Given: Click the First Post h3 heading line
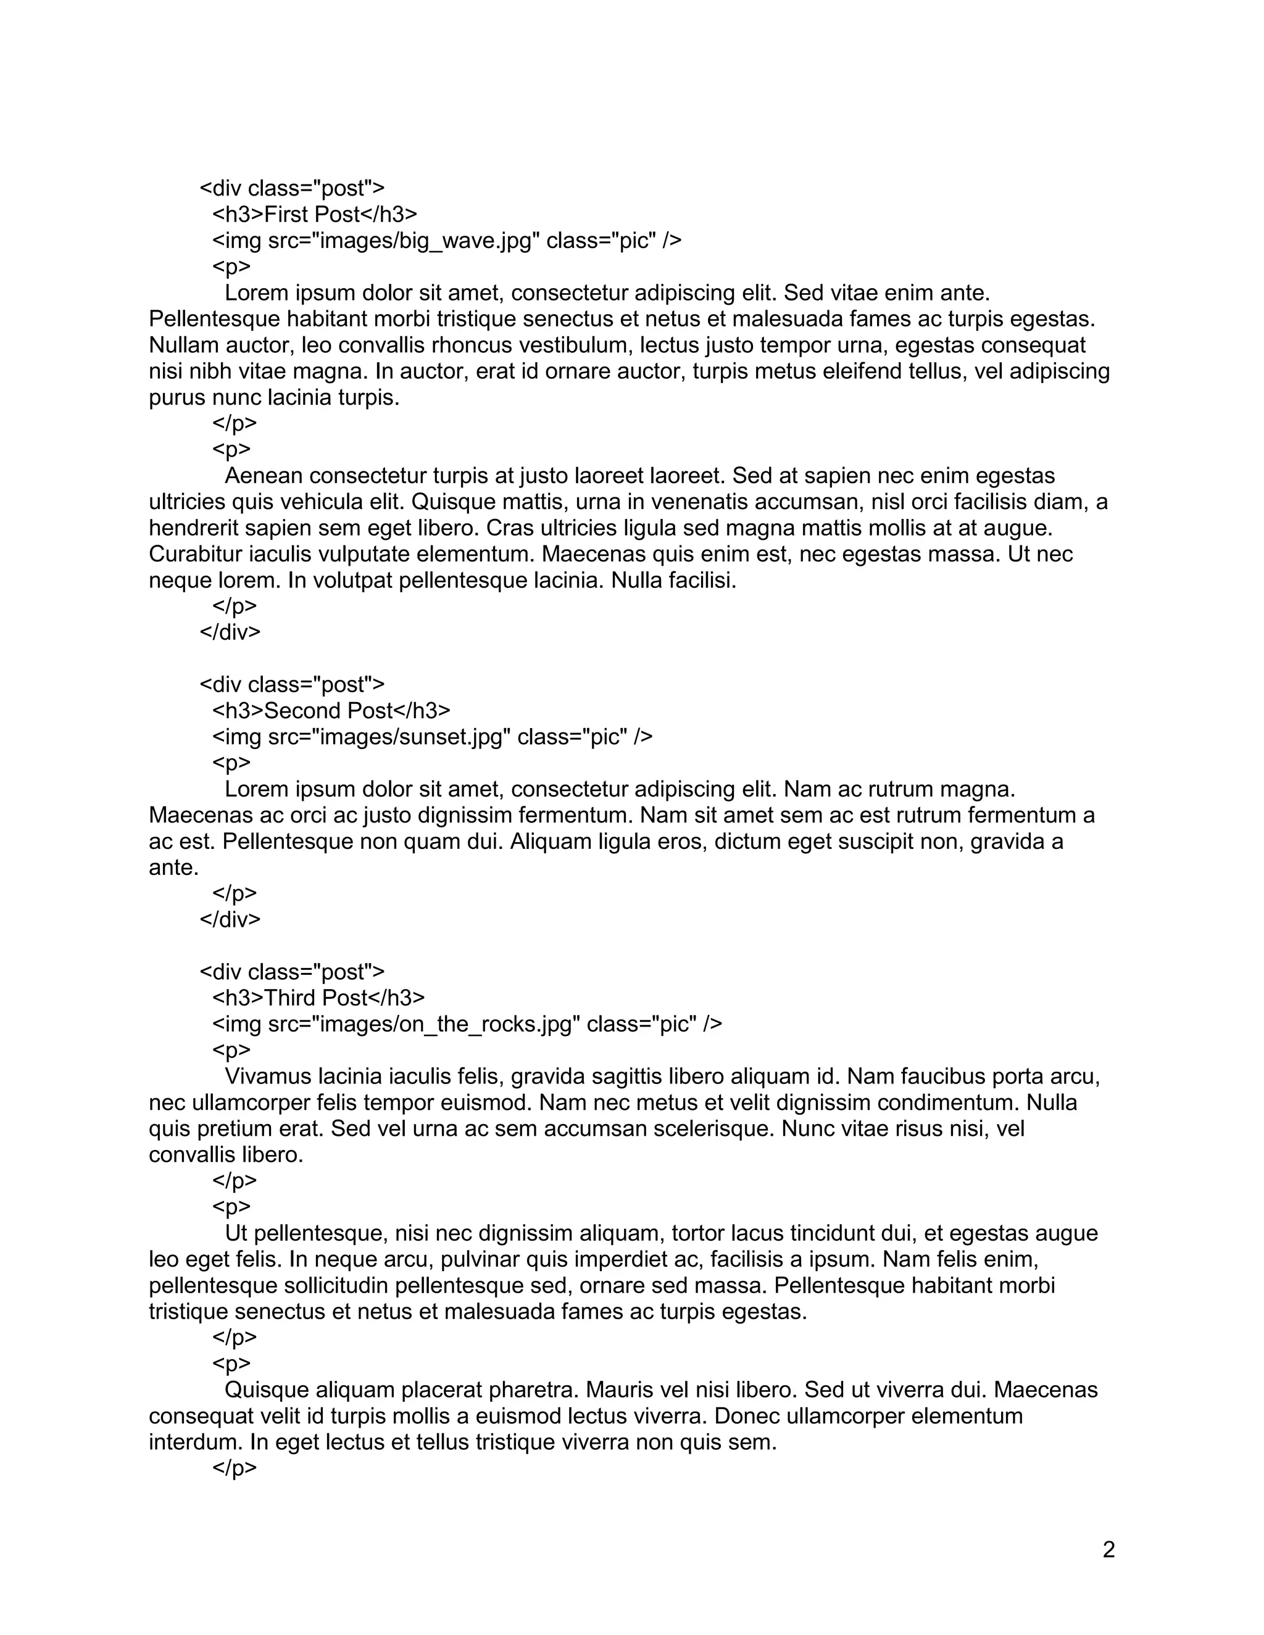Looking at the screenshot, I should coord(315,215).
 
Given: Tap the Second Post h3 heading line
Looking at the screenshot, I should coord(331,710).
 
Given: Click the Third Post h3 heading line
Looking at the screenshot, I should coord(318,998).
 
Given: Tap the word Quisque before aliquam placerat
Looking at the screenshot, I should coord(266,1390).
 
